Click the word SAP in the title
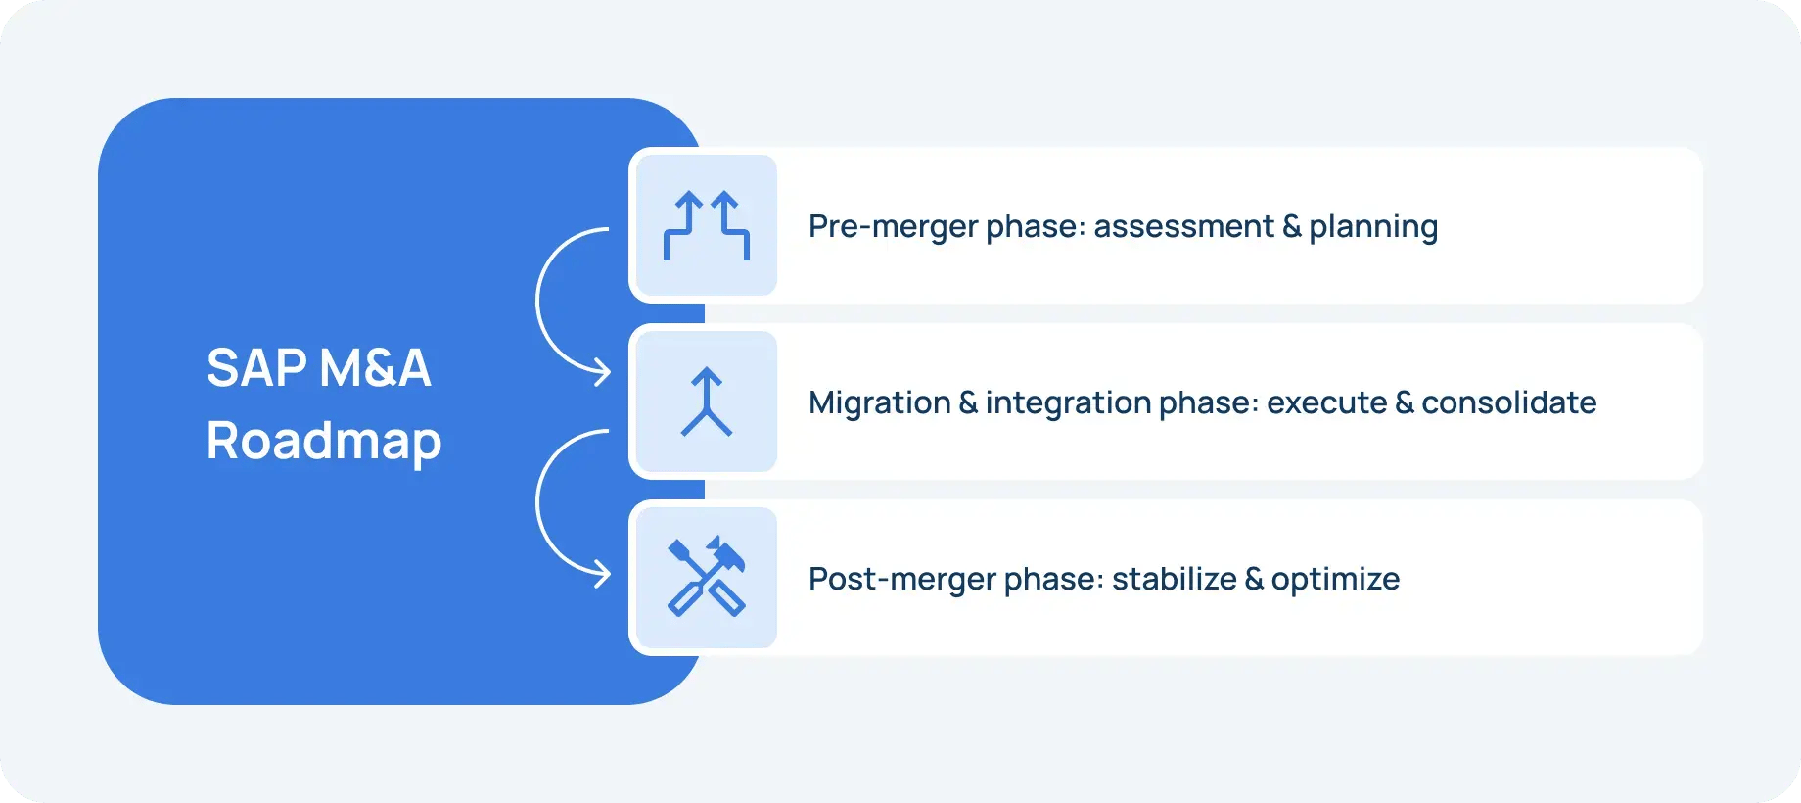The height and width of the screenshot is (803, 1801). click(256, 368)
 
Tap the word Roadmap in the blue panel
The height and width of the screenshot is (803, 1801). click(324, 442)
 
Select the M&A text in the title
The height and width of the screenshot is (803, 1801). click(375, 368)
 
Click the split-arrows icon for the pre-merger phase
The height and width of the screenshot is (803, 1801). click(707, 225)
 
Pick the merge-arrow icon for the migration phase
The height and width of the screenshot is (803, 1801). click(707, 401)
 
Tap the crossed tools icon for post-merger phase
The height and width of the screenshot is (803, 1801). click(707, 578)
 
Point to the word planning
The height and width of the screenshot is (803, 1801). click(1373, 228)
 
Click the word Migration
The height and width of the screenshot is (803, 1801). click(879, 402)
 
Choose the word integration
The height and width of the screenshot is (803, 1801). click(1068, 403)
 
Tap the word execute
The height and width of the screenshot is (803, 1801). click(1326, 402)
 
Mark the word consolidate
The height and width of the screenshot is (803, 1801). click(1508, 402)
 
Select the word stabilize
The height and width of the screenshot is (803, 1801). click(1174, 579)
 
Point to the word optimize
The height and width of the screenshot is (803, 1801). click(1335, 581)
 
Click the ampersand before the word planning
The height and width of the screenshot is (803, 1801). click(1292, 226)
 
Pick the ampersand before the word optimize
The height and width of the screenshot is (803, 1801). click(1254, 579)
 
